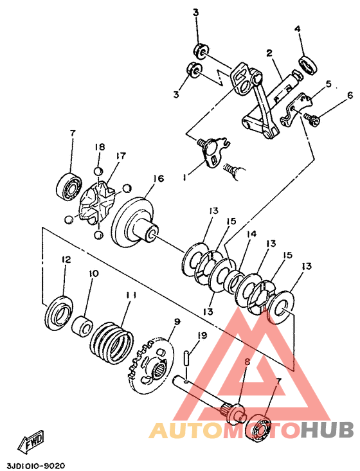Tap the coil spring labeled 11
point(112,342)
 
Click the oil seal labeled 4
point(308,64)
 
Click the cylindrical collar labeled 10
point(82,326)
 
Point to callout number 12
point(66,259)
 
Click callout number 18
point(100,147)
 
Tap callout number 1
point(184,177)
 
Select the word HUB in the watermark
point(327,430)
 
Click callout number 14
point(252,234)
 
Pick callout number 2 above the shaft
point(269,53)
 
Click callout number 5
point(328,84)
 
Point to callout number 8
point(247,362)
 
